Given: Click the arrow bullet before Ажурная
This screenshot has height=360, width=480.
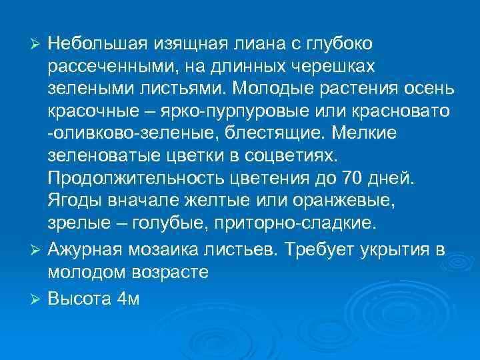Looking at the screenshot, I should (37, 249).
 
